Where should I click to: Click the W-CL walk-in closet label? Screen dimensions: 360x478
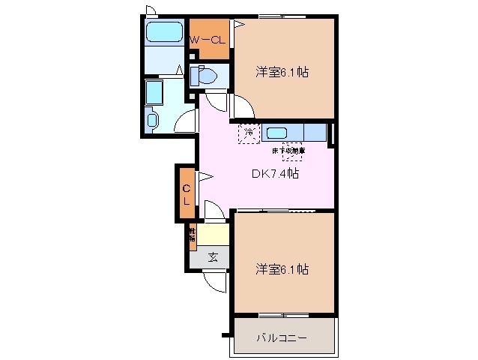(x=208, y=40)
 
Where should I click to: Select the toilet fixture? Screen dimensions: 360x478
(x=205, y=75)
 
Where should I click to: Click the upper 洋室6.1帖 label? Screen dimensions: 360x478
(x=283, y=73)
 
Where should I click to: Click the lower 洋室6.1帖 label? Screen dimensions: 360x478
(x=283, y=268)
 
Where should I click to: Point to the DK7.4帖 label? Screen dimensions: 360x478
(x=275, y=173)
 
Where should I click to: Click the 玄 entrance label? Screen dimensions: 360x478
(x=213, y=257)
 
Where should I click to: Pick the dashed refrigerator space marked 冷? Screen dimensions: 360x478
(x=249, y=133)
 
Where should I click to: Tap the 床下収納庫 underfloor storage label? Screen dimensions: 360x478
(x=288, y=151)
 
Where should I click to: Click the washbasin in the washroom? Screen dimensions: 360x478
(x=153, y=120)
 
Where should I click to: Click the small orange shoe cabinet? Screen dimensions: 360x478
(x=193, y=237)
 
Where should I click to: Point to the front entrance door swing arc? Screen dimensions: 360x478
(x=215, y=281)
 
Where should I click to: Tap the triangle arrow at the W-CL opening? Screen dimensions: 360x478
(x=240, y=25)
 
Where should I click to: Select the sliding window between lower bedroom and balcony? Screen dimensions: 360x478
(x=282, y=313)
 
